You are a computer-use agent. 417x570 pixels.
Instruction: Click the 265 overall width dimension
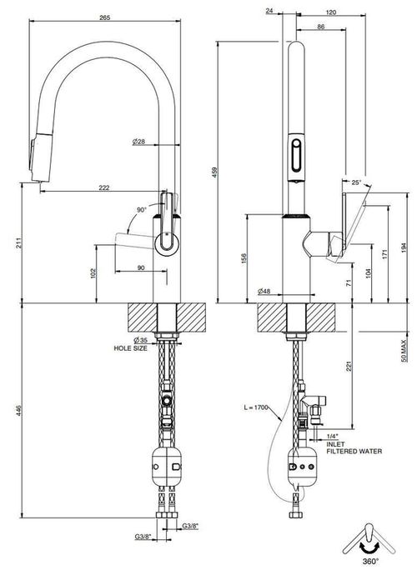105,17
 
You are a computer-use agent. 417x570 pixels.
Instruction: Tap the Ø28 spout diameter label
138,142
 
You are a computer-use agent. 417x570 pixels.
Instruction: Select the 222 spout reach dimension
104,187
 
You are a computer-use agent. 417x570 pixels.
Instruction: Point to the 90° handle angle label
142,210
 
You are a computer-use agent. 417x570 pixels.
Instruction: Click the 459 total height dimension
214,172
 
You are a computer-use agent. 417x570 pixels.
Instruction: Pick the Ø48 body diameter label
264,291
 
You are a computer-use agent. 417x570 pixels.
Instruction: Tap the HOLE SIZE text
131,348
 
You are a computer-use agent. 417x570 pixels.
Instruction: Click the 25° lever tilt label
357,182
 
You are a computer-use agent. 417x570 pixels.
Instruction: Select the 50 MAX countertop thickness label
404,351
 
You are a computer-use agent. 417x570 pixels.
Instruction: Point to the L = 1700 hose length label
255,407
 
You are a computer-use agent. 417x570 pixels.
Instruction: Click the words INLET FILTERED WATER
354,447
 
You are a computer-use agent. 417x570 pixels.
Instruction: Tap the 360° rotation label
370,561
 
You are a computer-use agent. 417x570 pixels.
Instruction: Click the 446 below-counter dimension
19,410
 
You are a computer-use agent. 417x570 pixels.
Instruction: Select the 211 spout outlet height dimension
19,242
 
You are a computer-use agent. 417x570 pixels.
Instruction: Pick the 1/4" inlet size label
332,436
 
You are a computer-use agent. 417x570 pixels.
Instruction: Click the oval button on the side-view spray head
297,154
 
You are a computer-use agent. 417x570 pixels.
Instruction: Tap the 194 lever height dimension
404,247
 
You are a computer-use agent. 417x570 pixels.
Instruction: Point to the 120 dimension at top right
331,12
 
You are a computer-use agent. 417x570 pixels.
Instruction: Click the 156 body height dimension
244,258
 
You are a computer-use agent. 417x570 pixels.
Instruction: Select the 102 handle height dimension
93,273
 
